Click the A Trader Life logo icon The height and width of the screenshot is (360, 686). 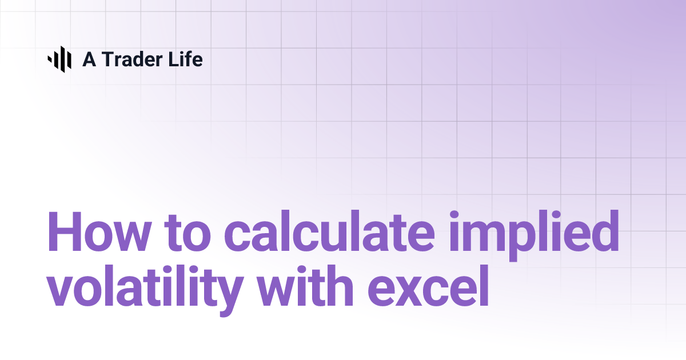(x=59, y=59)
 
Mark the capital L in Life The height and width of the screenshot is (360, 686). (x=173, y=59)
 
